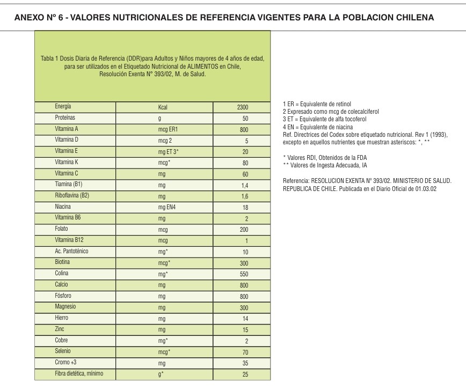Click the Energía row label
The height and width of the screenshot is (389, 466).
coord(63,107)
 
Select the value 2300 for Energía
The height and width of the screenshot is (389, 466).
coord(242,107)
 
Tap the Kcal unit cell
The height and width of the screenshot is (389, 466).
coord(163,107)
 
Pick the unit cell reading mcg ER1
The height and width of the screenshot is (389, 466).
coord(166,129)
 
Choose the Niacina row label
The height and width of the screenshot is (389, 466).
coord(63,206)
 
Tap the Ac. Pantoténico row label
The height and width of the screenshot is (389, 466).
coord(72,251)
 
